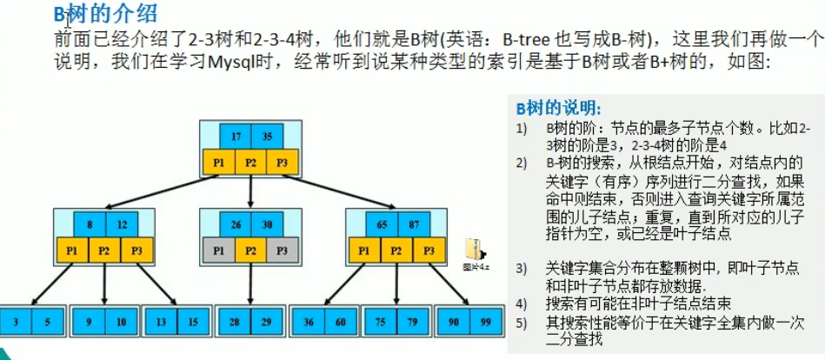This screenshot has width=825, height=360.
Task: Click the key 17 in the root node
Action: point(236,137)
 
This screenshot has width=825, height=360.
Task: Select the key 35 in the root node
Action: point(266,137)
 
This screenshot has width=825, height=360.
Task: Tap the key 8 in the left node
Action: point(90,224)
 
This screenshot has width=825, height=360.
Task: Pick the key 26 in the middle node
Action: point(236,224)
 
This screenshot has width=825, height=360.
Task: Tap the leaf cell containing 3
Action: point(18,322)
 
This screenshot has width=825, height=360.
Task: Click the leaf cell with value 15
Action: point(191,322)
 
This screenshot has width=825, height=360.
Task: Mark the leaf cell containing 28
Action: point(236,322)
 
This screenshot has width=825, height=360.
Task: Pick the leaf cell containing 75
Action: point(380,322)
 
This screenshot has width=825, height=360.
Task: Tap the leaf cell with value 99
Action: point(483,322)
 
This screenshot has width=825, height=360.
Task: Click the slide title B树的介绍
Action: point(106,14)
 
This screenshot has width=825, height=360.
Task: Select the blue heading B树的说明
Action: point(556,109)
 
